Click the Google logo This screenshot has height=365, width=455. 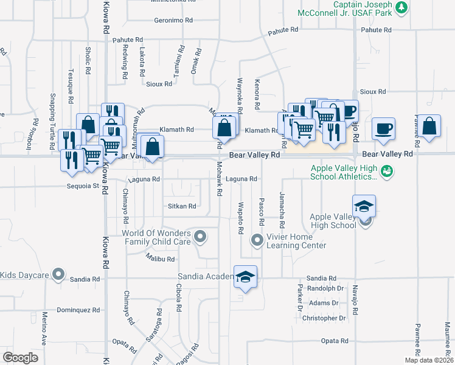[20, 358]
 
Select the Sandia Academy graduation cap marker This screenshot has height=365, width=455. [245, 277]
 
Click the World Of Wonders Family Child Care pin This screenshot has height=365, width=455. [199, 237]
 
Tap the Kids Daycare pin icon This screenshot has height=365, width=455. [58, 275]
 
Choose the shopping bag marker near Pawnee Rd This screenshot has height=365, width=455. [429, 127]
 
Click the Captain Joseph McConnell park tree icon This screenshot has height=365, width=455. [401, 7]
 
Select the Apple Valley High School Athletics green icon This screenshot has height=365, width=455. [386, 172]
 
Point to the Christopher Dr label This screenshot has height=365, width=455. [324, 318]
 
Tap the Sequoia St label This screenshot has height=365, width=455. [83, 186]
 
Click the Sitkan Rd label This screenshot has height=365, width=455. [182, 206]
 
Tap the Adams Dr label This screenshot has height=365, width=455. [323, 303]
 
